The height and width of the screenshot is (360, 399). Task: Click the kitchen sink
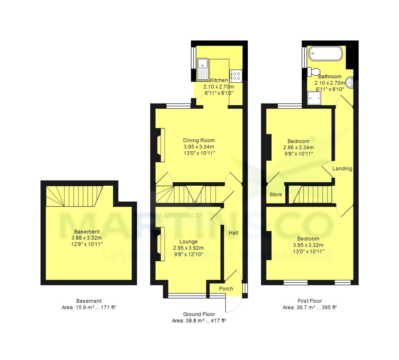pos(202,69)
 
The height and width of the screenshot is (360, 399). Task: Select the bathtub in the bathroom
pos(326,53)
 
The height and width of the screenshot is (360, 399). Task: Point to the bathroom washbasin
pos(349,83)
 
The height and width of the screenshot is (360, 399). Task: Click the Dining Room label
pos(199,140)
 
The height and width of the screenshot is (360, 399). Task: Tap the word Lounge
pos(188,242)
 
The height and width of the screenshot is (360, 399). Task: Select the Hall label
pos(233,233)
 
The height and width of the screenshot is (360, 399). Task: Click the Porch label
pos(226,289)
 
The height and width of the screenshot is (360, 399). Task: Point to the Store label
pos(276,195)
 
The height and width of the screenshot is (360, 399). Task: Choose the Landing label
pos(342,169)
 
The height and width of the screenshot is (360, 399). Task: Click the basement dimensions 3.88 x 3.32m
pos(87,238)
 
